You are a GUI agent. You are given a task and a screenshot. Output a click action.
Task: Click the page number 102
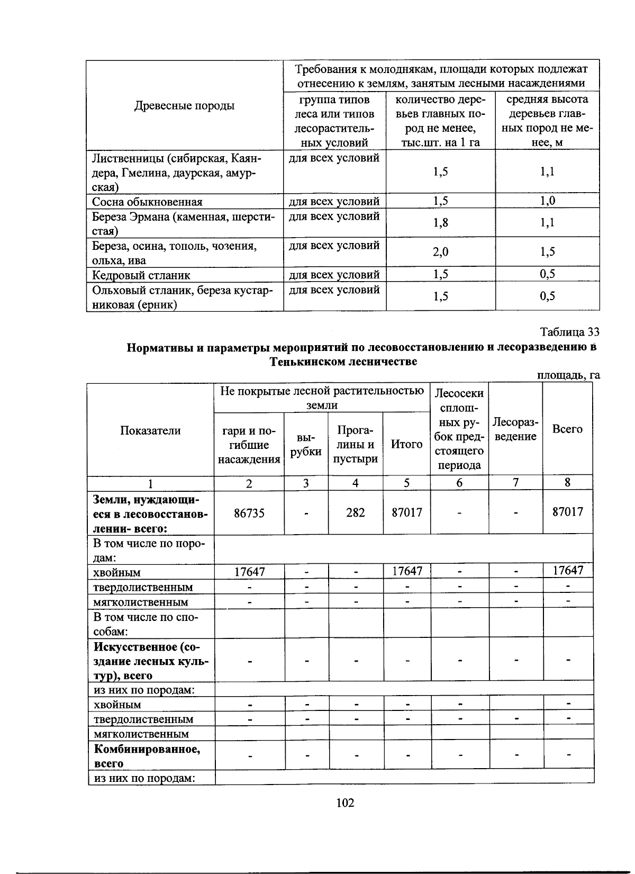pyautogui.click(x=345, y=803)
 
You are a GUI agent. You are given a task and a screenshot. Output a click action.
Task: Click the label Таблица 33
pyautogui.click(x=569, y=332)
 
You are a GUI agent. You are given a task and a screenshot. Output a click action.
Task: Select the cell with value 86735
pyautogui.click(x=249, y=512)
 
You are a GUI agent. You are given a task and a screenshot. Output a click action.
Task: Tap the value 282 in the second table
pyautogui.click(x=356, y=512)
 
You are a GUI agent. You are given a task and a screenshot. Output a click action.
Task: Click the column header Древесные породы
pyautogui.click(x=185, y=105)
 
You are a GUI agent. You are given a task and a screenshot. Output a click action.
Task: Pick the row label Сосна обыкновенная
pyautogui.click(x=147, y=202)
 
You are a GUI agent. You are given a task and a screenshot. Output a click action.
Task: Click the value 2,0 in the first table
pyautogui.click(x=440, y=252)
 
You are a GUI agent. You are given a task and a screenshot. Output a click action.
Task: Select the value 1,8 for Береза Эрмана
pyautogui.click(x=440, y=223)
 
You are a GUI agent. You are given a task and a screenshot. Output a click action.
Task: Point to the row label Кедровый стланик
pyautogui.click(x=141, y=275)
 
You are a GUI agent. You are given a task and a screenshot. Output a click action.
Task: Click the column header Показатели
pyautogui.click(x=150, y=430)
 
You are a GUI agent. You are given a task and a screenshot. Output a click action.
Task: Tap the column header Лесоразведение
pyautogui.click(x=515, y=429)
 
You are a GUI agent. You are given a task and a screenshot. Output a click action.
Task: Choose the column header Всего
pyautogui.click(x=567, y=429)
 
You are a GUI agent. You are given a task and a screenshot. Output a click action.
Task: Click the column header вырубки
pyautogui.click(x=306, y=445)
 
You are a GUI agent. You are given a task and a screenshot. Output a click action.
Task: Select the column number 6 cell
pyautogui.click(x=459, y=483)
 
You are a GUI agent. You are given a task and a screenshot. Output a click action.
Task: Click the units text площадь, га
pyautogui.click(x=568, y=375)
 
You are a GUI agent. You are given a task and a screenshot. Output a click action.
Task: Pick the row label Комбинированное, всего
pyautogui.click(x=147, y=755)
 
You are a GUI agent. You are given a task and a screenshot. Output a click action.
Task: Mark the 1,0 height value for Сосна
pyautogui.click(x=547, y=201)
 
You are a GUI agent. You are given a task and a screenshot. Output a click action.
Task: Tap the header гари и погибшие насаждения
pyautogui.click(x=249, y=445)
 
